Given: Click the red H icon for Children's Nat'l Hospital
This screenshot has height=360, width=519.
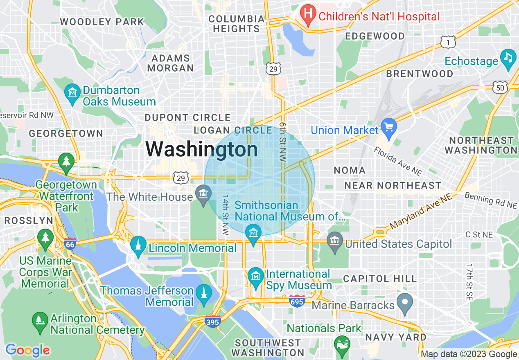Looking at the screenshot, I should (308, 16).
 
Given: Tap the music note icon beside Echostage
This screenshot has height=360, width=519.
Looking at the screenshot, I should (508, 57).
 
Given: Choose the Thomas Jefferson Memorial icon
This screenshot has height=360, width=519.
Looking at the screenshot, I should (204, 293).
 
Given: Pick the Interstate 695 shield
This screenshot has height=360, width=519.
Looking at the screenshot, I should (297, 301).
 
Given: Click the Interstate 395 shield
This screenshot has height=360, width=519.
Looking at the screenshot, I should (213, 322).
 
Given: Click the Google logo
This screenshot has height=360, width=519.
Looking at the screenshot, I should (27, 350).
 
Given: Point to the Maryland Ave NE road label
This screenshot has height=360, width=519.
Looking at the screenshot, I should (422, 211).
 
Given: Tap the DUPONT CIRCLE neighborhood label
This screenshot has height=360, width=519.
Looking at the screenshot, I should (188, 118).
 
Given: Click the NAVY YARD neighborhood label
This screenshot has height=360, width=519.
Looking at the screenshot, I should (395, 337).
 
